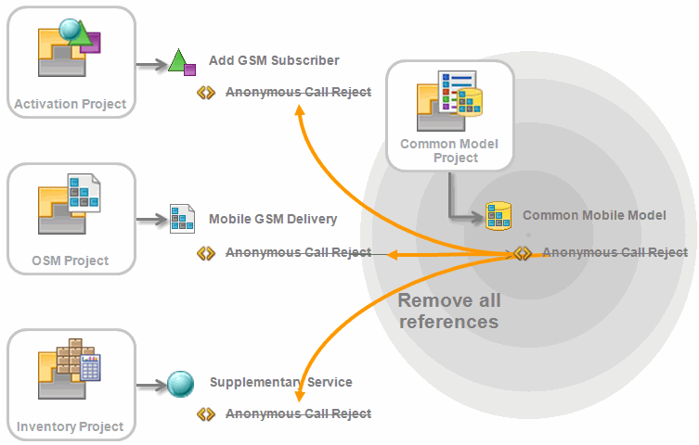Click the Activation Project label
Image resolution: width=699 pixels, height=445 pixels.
coord(70,104)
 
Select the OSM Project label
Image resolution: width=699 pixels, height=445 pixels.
coord(70,261)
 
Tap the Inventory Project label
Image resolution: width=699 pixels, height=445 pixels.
coord(70,426)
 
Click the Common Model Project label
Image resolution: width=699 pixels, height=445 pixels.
coord(449,150)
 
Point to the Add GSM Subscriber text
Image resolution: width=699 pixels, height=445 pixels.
coord(274,60)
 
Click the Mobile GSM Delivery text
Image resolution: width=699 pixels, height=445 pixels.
coord(273,219)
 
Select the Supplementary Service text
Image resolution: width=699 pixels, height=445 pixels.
coord(280,382)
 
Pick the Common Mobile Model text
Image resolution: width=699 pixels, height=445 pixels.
coord(594,215)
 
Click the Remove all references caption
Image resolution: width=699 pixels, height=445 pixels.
coord(449,311)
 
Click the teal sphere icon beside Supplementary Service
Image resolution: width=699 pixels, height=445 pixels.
coord(180,382)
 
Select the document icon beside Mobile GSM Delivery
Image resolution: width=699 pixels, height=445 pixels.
coord(181,219)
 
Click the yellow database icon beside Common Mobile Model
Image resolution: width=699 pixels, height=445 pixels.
coord(499,216)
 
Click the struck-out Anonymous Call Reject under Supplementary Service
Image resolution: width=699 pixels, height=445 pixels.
coord(298,413)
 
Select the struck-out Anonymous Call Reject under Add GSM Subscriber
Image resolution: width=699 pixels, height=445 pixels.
coord(298,92)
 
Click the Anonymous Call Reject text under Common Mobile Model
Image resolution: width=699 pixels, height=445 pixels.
coord(615,252)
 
